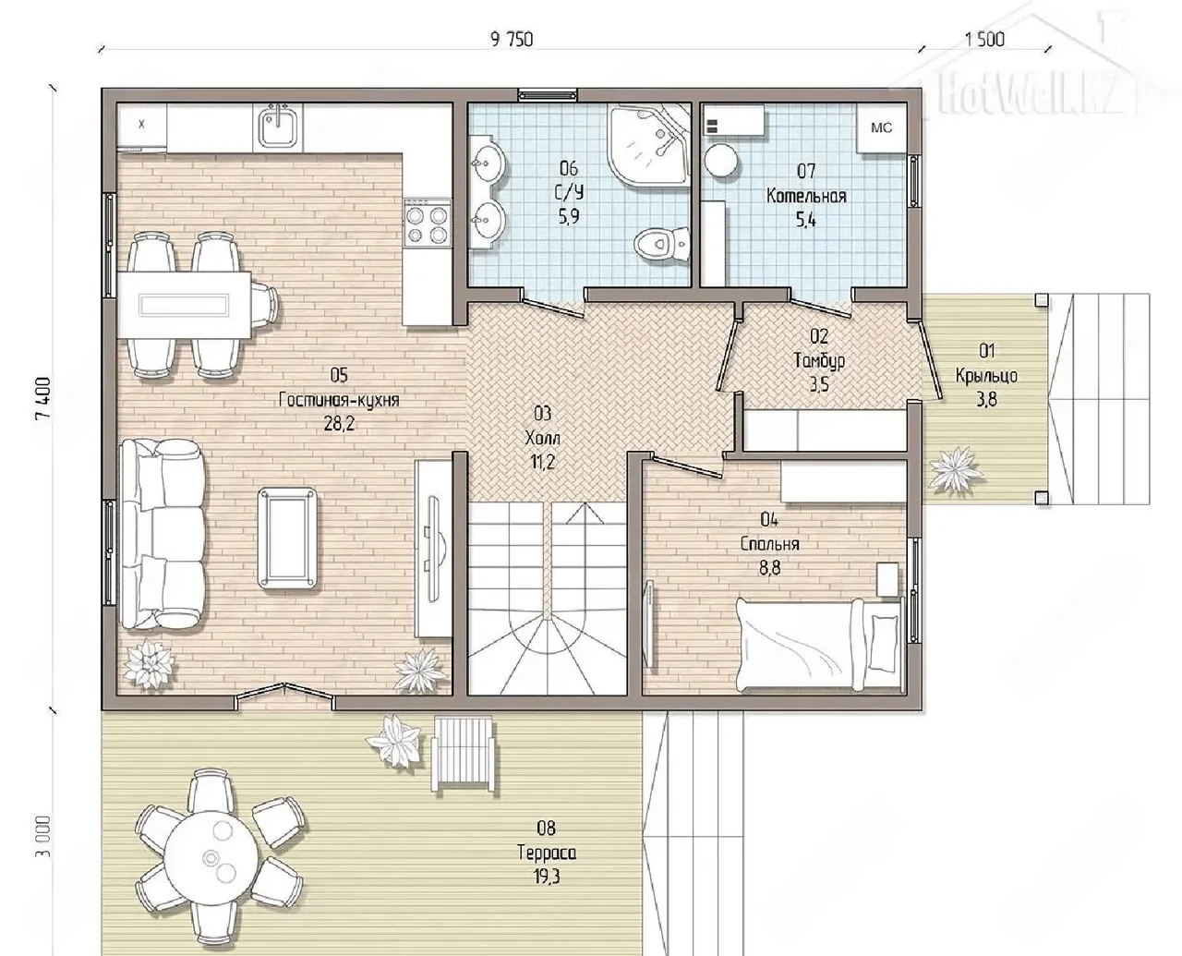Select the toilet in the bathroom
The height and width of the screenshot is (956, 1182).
pyautogui.click(x=661, y=243)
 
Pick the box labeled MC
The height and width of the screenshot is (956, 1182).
pyautogui.click(x=882, y=128)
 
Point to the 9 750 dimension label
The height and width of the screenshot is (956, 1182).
pyautogui.click(x=512, y=40)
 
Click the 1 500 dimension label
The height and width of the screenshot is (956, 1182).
pyautogui.click(x=984, y=40)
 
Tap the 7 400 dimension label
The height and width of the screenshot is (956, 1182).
pyautogui.click(x=43, y=399)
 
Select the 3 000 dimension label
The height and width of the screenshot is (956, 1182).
pyautogui.click(x=43, y=836)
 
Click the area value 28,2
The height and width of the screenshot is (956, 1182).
pyautogui.click(x=339, y=424)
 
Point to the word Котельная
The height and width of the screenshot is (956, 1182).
pyautogui.click(x=806, y=196)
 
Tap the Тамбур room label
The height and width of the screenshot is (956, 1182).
pyautogui.click(x=820, y=361)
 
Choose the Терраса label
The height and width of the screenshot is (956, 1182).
pyautogui.click(x=547, y=853)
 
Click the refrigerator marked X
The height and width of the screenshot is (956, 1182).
pyautogui.click(x=142, y=127)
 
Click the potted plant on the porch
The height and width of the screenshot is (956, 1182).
pyautogui.click(x=953, y=469)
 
